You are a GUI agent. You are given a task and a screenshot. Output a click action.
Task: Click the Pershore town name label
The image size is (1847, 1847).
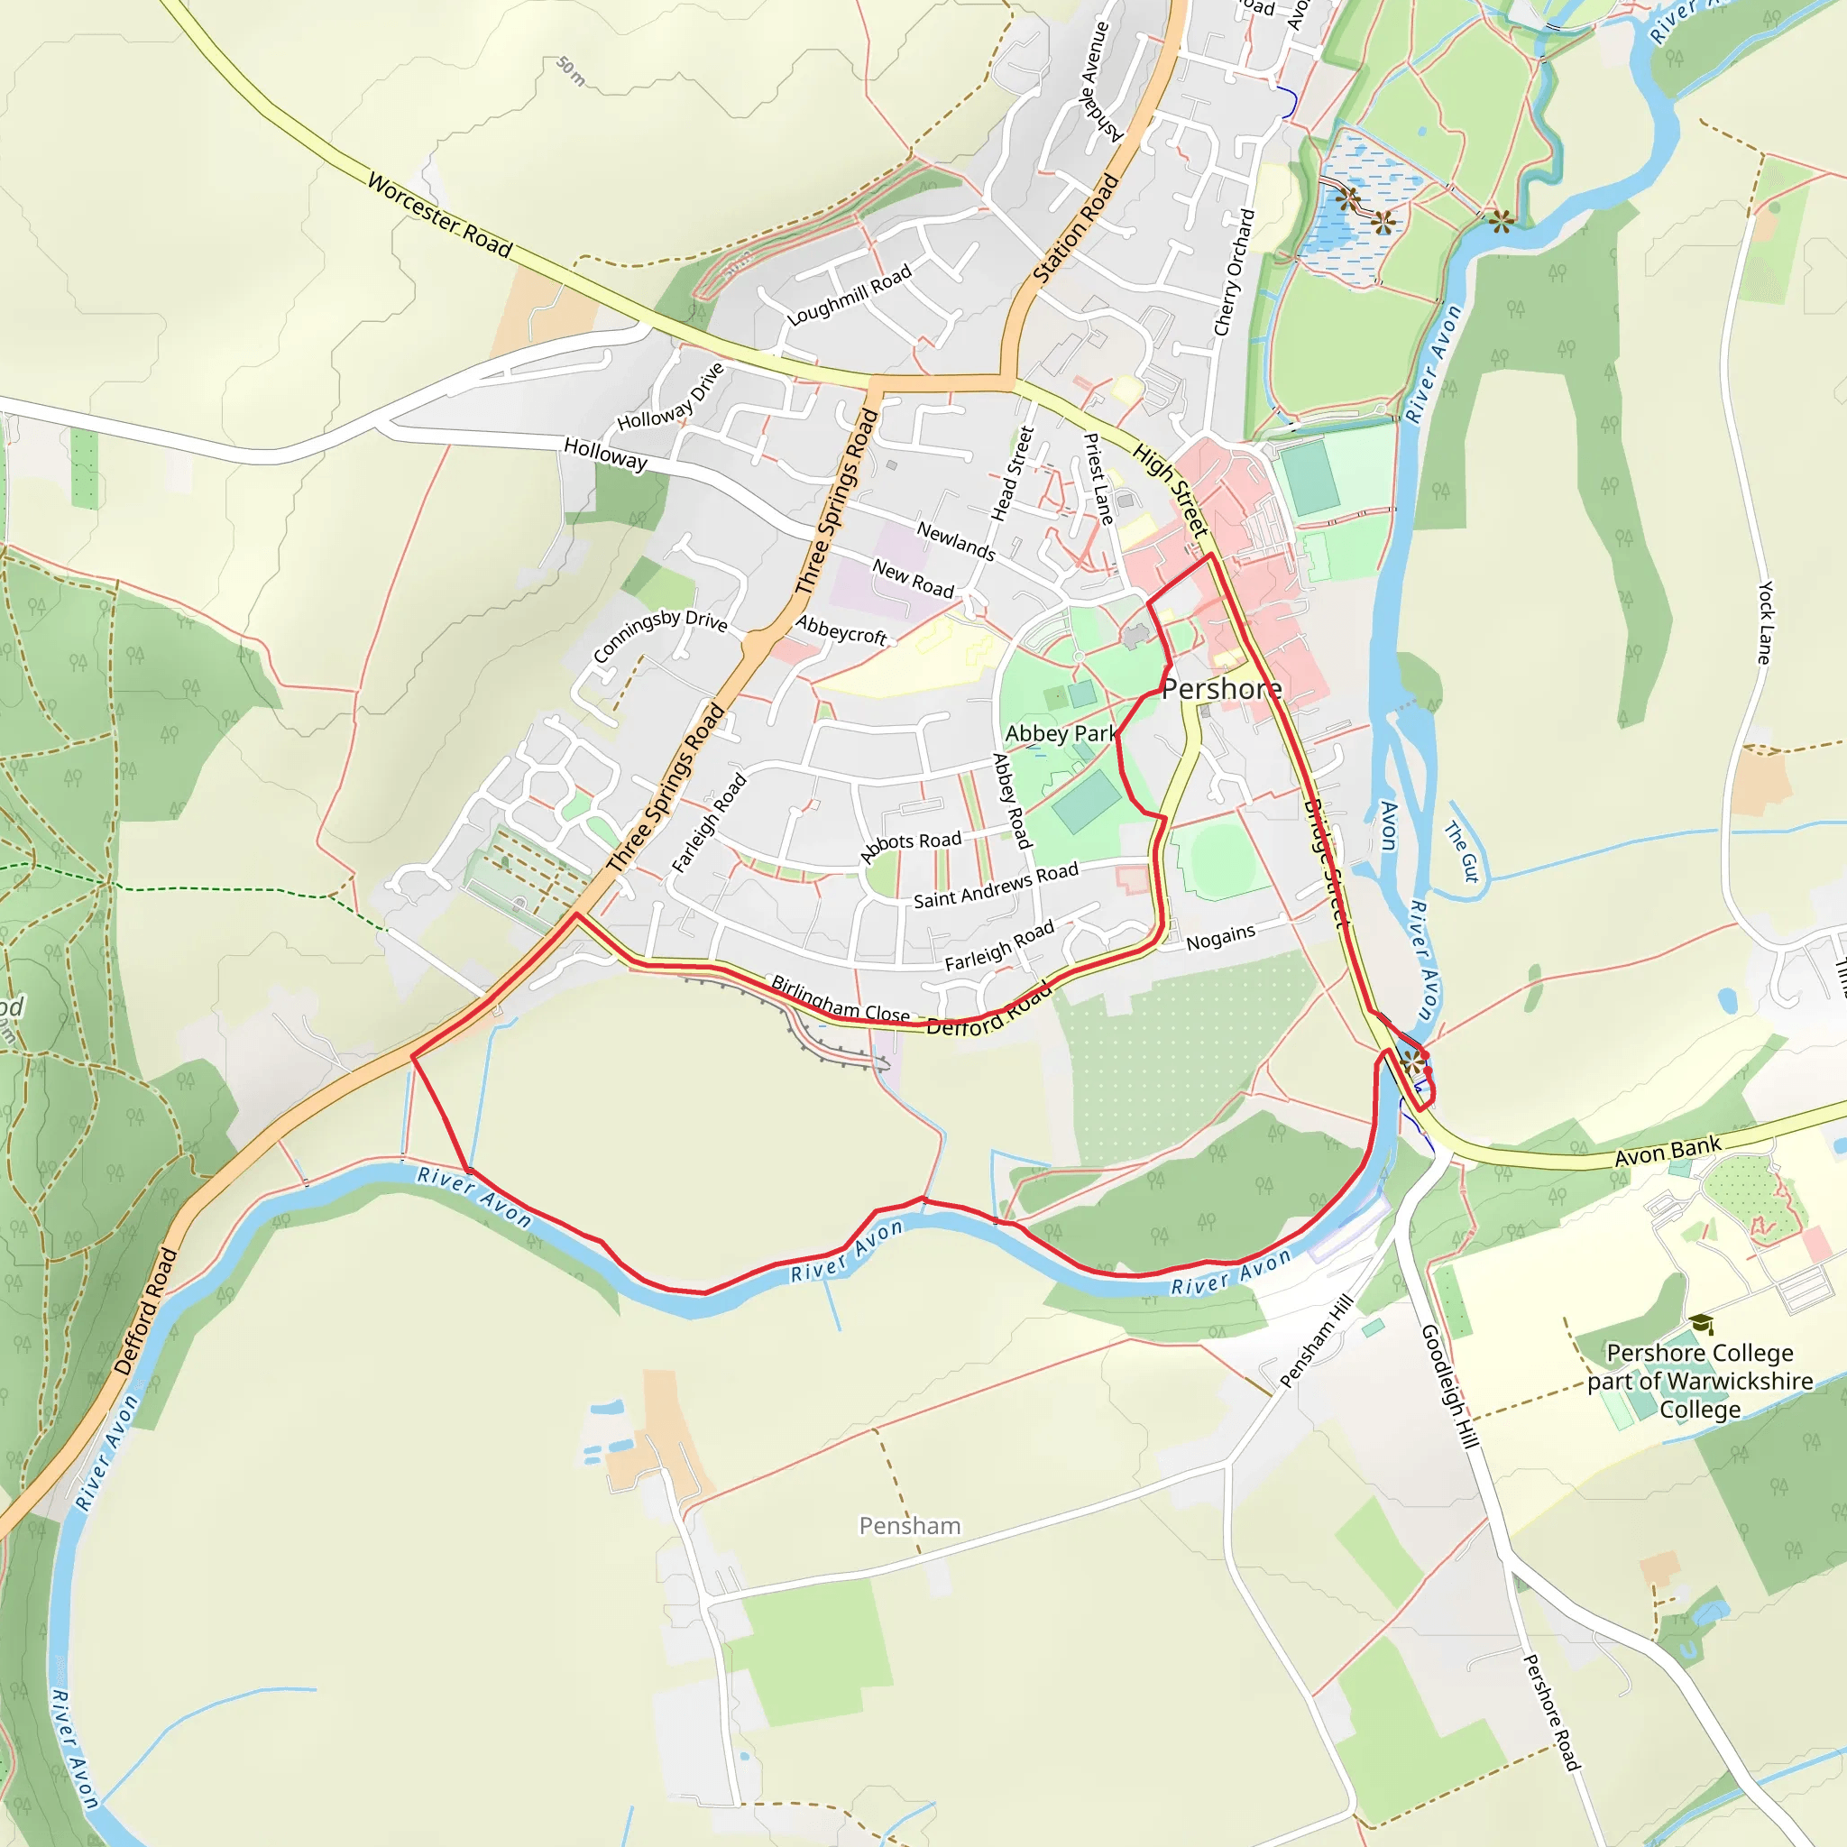click(x=1221, y=689)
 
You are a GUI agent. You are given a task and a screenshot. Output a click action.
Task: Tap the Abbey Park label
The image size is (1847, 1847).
click(x=1061, y=733)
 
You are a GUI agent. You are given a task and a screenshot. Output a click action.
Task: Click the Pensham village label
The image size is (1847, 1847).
click(x=909, y=1526)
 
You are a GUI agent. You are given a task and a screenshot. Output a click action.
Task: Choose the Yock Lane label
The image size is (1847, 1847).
click(x=1766, y=622)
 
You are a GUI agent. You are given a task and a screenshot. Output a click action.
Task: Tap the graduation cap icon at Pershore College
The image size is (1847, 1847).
click(x=1700, y=1324)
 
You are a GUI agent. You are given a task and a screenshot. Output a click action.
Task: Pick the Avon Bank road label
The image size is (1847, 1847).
click(x=1668, y=1151)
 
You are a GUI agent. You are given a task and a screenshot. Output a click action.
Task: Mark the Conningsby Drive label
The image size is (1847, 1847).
click(x=659, y=635)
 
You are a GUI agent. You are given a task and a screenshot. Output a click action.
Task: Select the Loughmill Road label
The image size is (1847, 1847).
click(x=849, y=297)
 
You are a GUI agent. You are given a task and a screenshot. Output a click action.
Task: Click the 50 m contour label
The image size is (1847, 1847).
click(x=571, y=70)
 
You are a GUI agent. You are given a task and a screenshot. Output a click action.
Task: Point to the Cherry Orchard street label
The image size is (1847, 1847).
click(x=1235, y=272)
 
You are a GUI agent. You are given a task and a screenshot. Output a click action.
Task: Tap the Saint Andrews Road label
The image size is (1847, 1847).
click(x=996, y=887)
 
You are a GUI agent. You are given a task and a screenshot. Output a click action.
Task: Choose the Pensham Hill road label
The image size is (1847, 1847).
click(x=1316, y=1340)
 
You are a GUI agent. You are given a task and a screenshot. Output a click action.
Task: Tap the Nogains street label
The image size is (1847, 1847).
click(x=1220, y=938)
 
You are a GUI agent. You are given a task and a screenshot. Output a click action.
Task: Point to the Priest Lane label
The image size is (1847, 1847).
click(x=1098, y=478)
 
